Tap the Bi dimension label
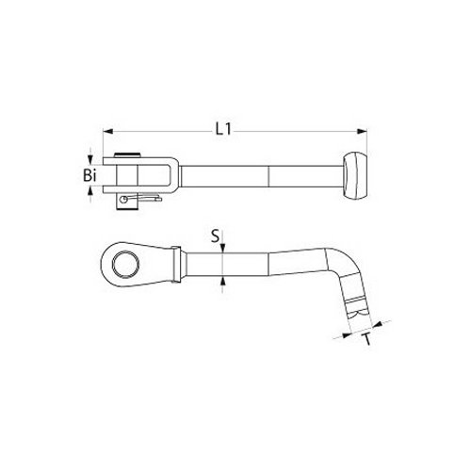coord(89,175)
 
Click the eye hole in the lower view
coord(125,263)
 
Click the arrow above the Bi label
coord(89,159)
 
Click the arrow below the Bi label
coord(89,192)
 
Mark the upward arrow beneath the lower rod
coord(222,280)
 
